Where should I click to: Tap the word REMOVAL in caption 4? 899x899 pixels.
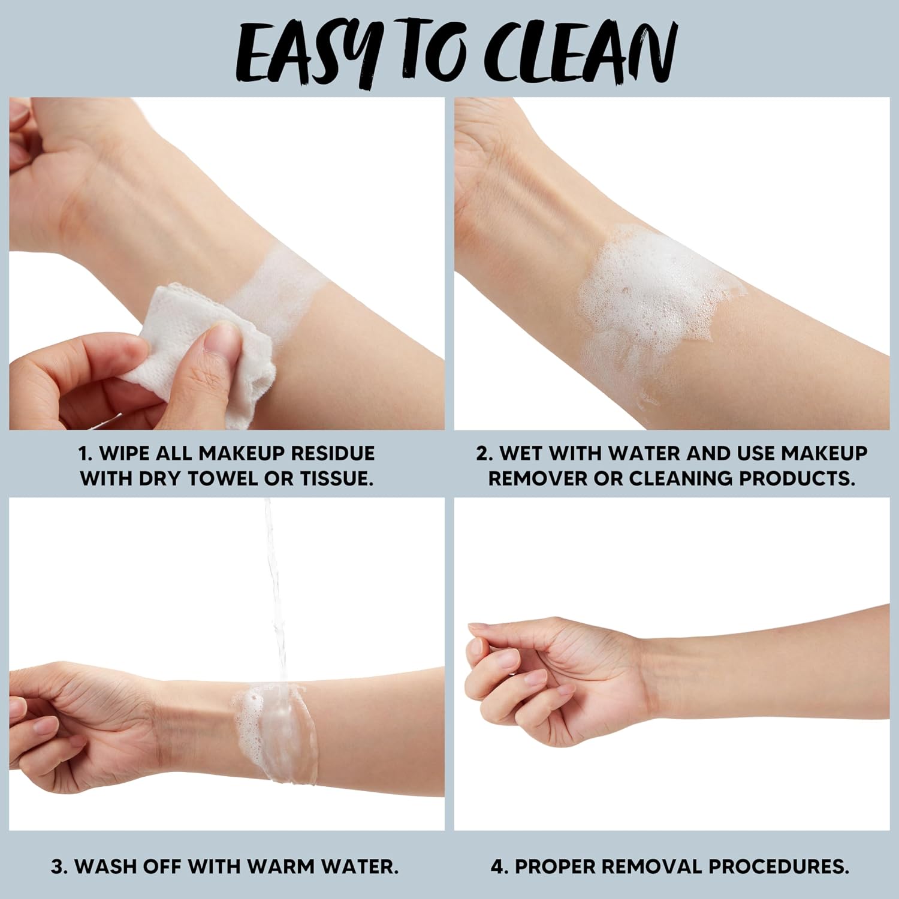[x=651, y=867]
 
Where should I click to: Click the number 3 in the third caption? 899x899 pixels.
[x=58, y=867]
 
